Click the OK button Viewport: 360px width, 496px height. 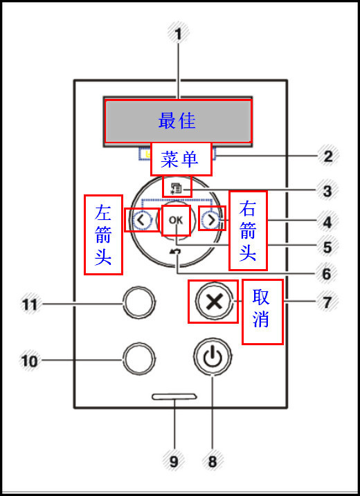coord(177,221)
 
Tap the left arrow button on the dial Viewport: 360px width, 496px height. coord(141,221)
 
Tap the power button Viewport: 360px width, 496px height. coord(213,358)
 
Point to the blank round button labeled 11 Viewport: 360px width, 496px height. coord(138,302)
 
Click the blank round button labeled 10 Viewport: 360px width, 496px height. coord(138,359)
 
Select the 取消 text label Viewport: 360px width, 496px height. coord(262,311)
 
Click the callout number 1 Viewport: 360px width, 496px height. coord(177,33)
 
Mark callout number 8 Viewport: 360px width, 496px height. coord(213,459)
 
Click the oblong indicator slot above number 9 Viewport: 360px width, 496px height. coord(175,398)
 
